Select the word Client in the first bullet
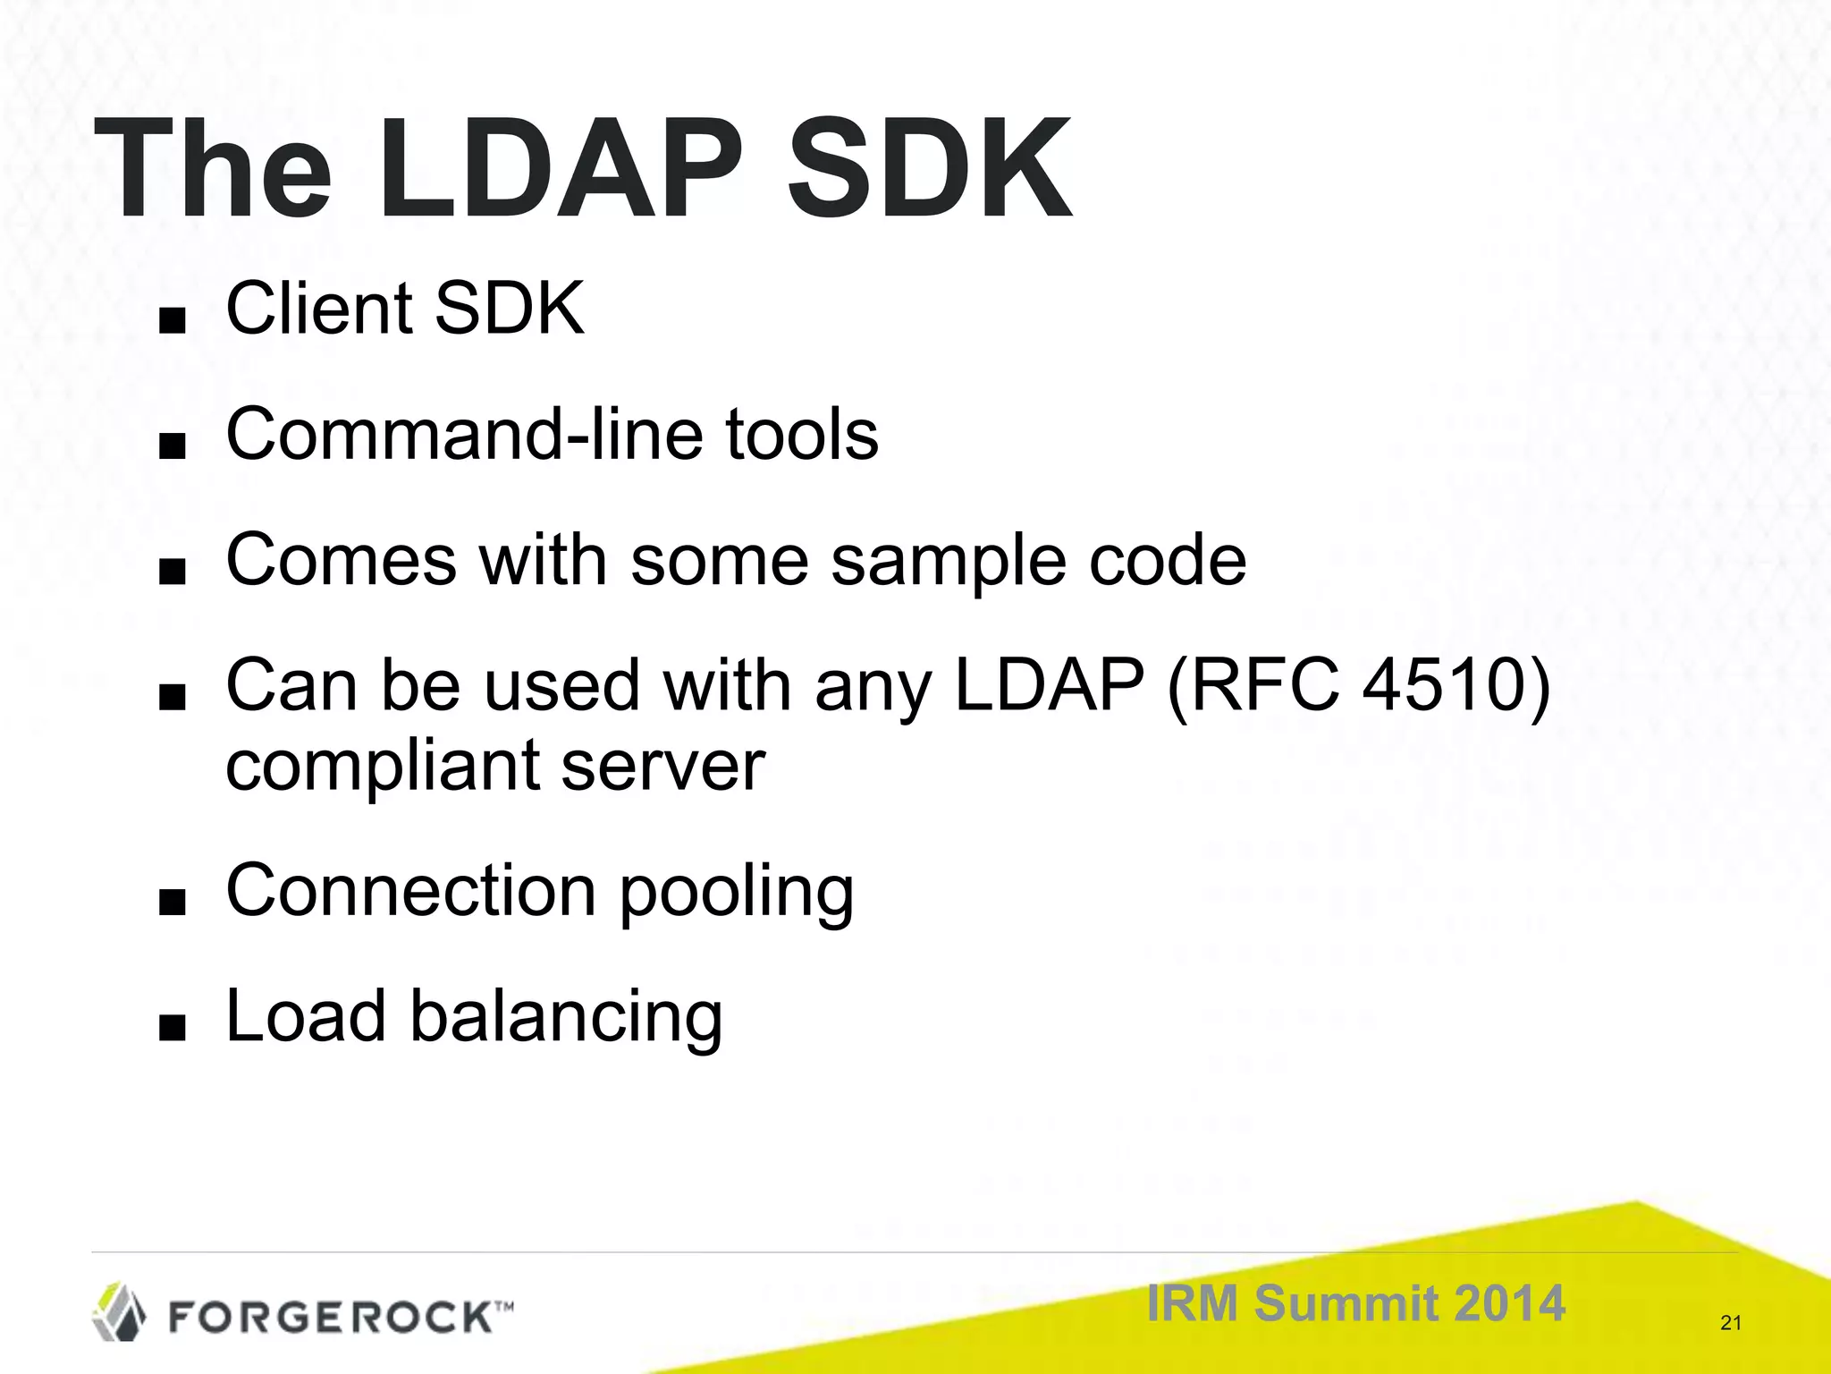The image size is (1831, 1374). (317, 309)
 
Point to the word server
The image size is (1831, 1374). (664, 768)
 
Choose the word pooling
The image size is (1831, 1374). (737, 893)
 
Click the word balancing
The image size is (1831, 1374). (566, 1018)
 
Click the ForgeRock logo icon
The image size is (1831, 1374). (120, 1311)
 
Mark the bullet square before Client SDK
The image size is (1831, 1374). (171, 320)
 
